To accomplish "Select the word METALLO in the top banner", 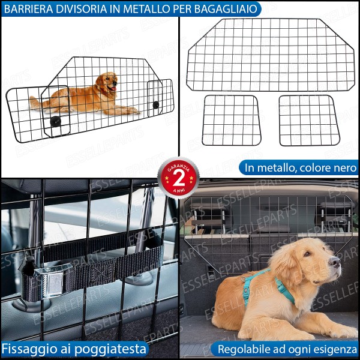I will pyautogui.click(x=151, y=8).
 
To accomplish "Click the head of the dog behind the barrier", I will pyautogui.click(x=107, y=84).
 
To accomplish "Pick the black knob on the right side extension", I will pyautogui.click(x=156, y=105).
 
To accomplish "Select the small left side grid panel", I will pyautogui.click(x=231, y=120).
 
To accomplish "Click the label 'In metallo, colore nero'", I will pyautogui.click(x=298, y=167).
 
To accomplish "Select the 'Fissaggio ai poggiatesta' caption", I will pyautogui.click(x=73, y=349).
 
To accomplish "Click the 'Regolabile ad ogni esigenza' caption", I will pyautogui.click(x=287, y=349).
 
